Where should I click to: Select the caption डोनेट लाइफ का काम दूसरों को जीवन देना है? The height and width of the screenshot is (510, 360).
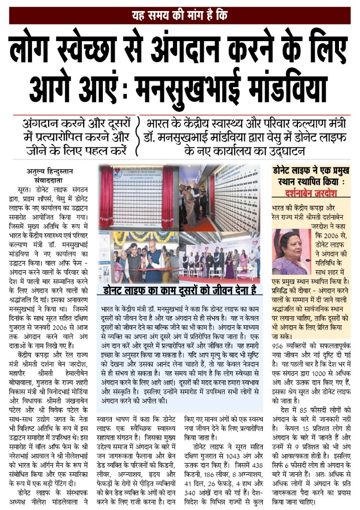tap(179, 289)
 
